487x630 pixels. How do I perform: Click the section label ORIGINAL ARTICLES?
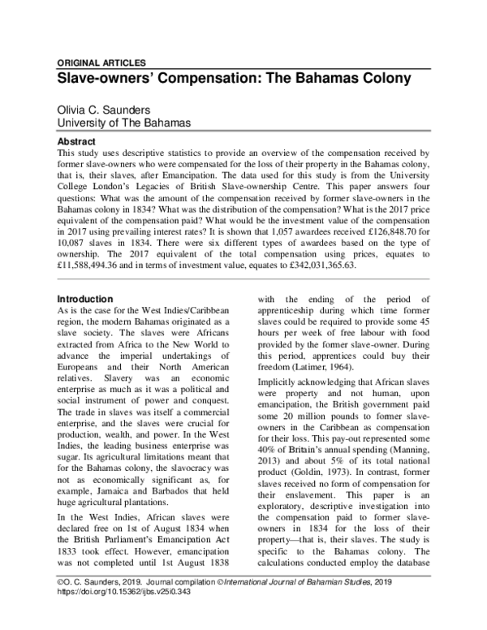click(101, 63)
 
